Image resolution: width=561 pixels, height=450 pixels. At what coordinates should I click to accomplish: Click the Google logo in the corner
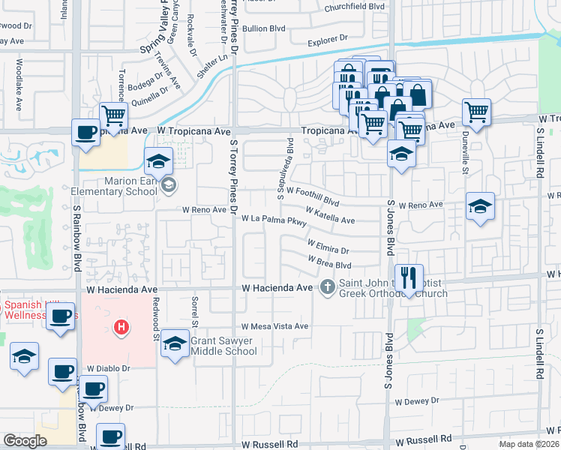25,441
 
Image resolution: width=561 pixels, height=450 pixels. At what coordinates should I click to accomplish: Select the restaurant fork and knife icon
409,277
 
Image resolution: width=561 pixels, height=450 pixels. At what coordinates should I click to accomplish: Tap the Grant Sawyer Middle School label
223,346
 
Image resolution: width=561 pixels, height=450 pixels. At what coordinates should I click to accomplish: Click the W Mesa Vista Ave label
274,326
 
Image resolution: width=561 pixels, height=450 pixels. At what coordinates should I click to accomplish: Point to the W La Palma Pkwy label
274,220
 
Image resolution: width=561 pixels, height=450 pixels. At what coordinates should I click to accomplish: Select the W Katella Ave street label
330,217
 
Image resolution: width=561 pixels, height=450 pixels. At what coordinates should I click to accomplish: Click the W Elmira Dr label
328,247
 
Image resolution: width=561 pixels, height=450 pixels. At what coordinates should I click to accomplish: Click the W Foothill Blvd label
313,196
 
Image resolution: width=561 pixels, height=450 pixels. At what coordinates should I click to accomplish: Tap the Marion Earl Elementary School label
115,185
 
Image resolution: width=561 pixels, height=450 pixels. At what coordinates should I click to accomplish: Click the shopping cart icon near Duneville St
477,112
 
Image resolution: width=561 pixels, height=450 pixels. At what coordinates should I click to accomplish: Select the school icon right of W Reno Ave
480,205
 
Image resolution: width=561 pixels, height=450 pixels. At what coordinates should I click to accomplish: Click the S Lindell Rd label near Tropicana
539,156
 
